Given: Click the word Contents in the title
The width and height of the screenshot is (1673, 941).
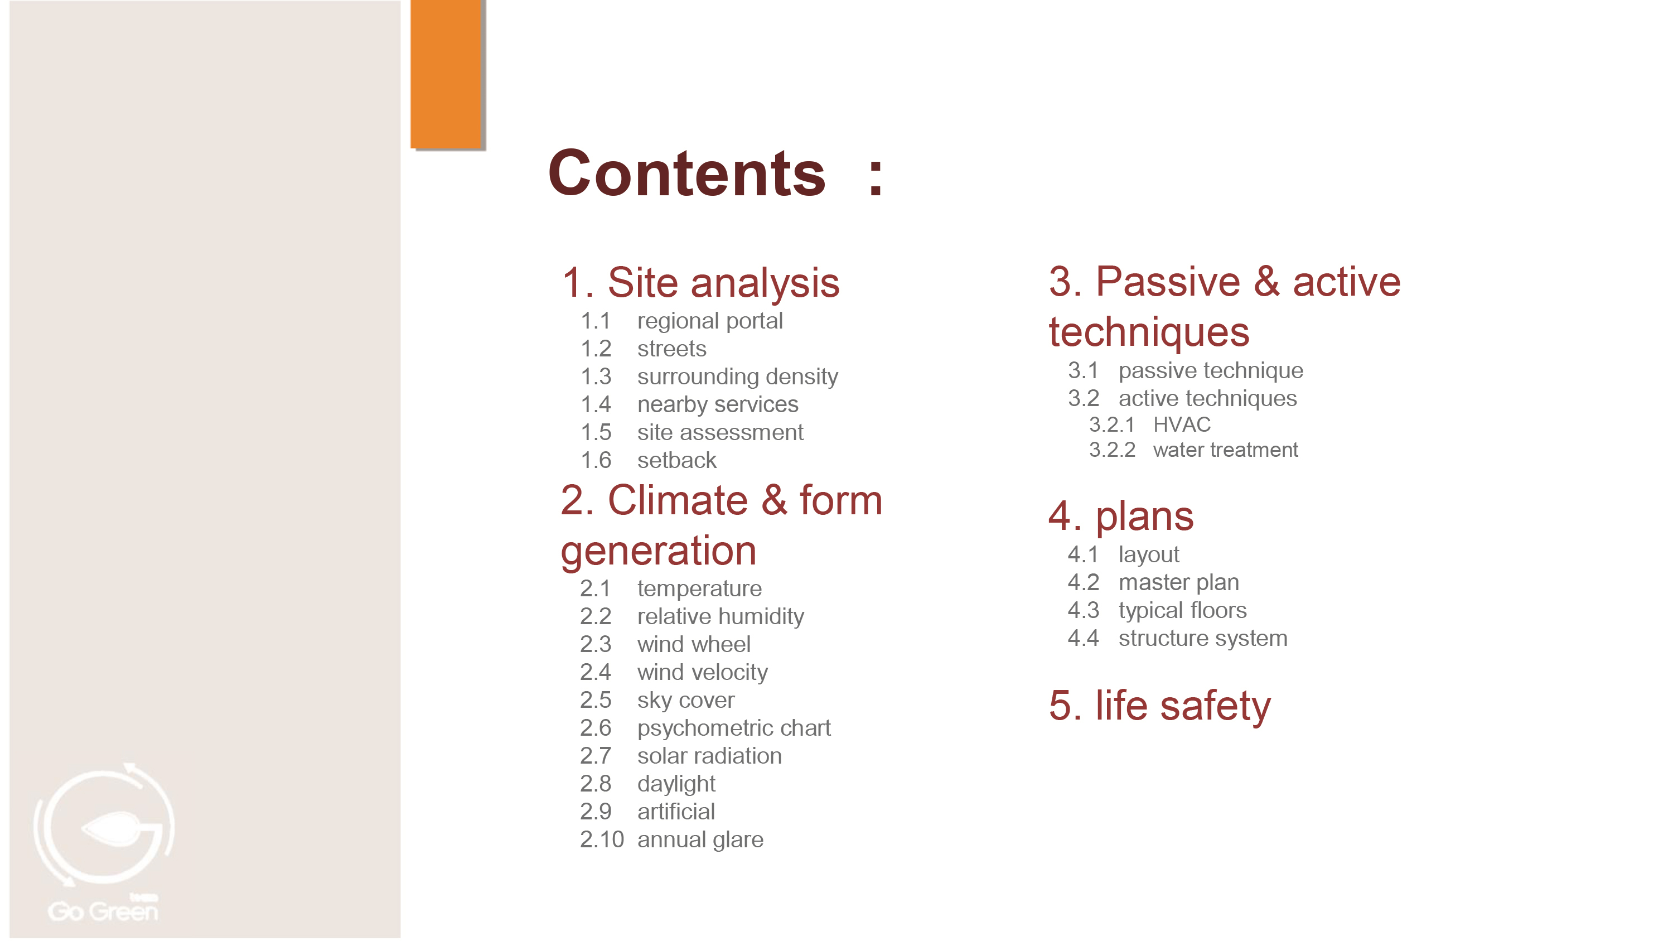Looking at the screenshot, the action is pyautogui.click(x=686, y=173).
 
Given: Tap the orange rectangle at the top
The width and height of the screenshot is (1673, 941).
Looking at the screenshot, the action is pyautogui.click(x=446, y=74).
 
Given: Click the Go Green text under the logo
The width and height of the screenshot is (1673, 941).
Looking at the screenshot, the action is pyautogui.click(x=103, y=911).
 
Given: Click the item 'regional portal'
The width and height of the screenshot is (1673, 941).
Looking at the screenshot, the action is pyautogui.click(x=710, y=321).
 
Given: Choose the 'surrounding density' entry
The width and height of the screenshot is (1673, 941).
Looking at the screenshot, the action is pyautogui.click(x=737, y=377).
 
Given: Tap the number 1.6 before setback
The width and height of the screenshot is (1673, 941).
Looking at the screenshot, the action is pyautogui.click(x=596, y=460).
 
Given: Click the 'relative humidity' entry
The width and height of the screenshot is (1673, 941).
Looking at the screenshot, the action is pyautogui.click(x=721, y=616).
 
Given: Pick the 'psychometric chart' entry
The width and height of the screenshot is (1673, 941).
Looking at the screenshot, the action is pyautogui.click(x=734, y=728).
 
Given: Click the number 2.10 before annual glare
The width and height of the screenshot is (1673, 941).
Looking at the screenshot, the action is pyautogui.click(x=601, y=839).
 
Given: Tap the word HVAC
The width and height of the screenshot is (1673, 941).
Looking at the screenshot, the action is pyautogui.click(x=1181, y=424).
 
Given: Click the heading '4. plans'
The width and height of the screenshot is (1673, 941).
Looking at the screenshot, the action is pyautogui.click(x=1121, y=517).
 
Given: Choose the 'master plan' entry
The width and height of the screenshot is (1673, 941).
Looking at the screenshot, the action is pyautogui.click(x=1178, y=582).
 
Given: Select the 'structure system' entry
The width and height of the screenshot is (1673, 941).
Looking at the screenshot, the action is pyautogui.click(x=1203, y=638).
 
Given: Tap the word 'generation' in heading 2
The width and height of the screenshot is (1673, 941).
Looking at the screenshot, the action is pyautogui.click(x=658, y=551).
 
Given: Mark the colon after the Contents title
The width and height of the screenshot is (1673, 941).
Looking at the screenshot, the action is pyautogui.click(x=876, y=177).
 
